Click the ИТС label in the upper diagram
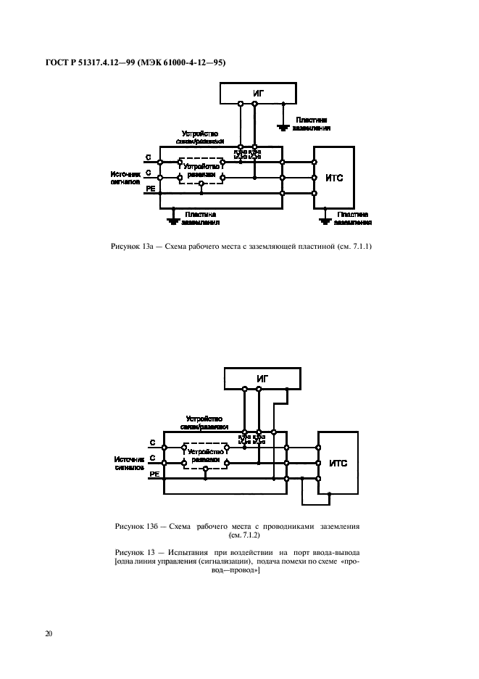point(333,177)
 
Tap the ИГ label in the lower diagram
point(262,377)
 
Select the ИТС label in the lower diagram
point(338,462)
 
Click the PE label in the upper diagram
point(151,189)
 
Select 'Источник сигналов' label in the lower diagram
point(128,463)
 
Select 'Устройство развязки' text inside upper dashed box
point(201,170)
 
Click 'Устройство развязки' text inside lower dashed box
point(205,456)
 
